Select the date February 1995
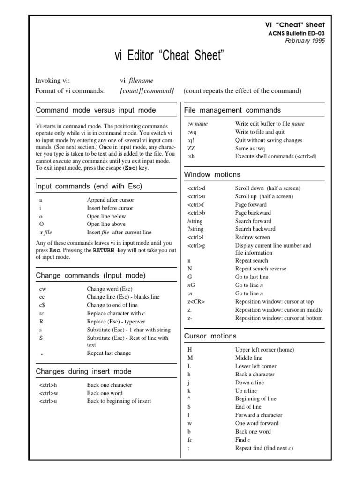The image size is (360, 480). tap(305, 41)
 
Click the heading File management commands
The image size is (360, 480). tap(232, 110)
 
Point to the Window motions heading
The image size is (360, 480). tap(212, 174)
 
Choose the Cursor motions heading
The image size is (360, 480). tap(210, 336)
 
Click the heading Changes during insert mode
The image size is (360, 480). tap(83, 371)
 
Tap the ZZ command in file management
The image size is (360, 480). tap(191, 149)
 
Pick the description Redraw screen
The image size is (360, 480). tap(252, 237)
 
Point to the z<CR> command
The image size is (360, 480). tap(196, 301)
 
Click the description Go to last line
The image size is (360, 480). tap(252, 277)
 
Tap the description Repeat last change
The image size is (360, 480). tap(109, 353)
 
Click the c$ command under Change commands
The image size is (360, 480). tap(42, 305)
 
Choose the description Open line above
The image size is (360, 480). tap(106, 224)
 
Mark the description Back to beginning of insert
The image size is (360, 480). tap(119, 401)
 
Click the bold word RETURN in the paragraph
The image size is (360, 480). tap(103, 251)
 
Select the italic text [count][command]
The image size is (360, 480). tap(147, 90)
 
